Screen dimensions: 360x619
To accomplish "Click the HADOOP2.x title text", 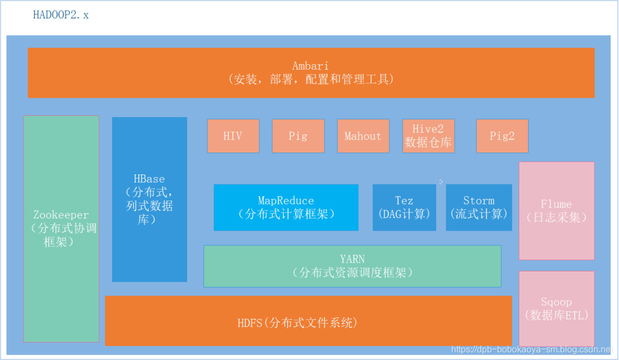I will [x=61, y=15].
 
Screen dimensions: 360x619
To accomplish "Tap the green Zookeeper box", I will [x=61, y=228].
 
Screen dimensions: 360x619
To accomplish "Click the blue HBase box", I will [x=149, y=199].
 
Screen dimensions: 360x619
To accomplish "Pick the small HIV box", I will [x=233, y=136].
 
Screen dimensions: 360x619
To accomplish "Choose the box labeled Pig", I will [x=298, y=136].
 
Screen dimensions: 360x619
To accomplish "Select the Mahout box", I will [x=363, y=136].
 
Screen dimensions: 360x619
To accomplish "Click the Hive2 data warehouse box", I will [x=428, y=136].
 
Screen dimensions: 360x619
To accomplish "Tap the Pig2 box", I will [x=502, y=136].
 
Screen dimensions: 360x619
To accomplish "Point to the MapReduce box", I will [x=286, y=207].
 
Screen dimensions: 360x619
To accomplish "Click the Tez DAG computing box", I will [x=404, y=207].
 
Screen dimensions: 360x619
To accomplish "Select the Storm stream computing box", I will [x=479, y=207].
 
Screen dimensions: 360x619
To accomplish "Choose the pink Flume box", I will [x=557, y=211].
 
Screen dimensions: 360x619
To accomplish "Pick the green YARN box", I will [x=352, y=266].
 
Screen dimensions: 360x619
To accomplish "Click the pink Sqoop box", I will [x=557, y=309].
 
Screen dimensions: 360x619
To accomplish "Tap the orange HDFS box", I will [x=308, y=322].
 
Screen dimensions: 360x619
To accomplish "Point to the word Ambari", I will [x=311, y=66].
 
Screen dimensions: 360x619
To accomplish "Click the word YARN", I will [x=352, y=259].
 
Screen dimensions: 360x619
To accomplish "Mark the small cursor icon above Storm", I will [x=441, y=181].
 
